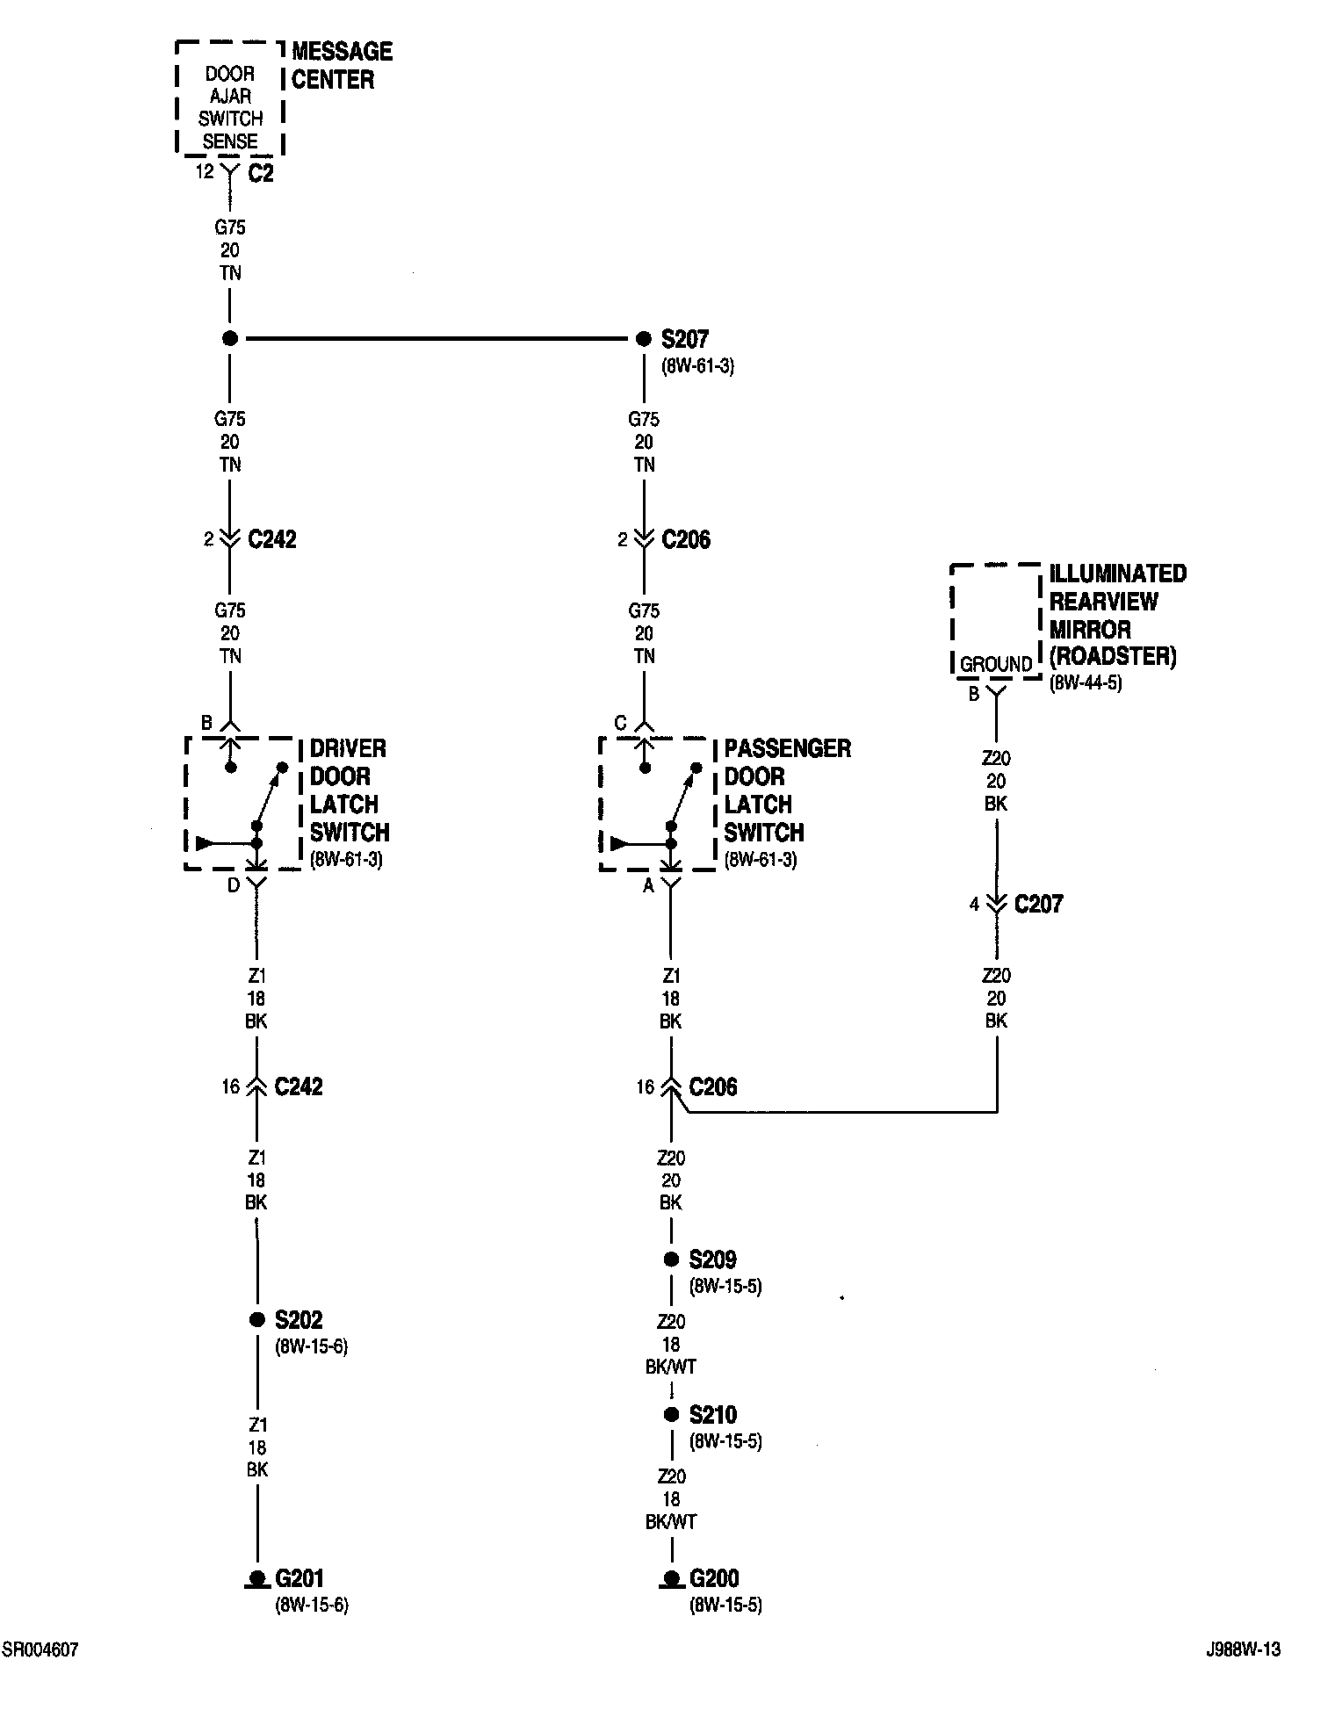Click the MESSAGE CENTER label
pyautogui.click(x=342, y=65)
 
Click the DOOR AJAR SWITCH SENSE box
pyautogui.click(x=230, y=98)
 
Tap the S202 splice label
pyautogui.click(x=299, y=1319)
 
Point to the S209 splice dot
pyautogui.click(x=671, y=1259)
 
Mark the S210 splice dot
pyautogui.click(x=671, y=1415)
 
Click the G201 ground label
pyautogui.click(x=299, y=1578)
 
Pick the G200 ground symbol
pyautogui.click(x=671, y=1580)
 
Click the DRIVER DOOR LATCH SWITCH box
pyautogui.click(x=242, y=804)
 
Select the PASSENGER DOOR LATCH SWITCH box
pyautogui.click(x=655, y=804)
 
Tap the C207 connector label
pyautogui.click(x=1038, y=905)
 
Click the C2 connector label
pyautogui.click(x=261, y=174)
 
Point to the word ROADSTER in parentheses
pyautogui.click(x=1113, y=657)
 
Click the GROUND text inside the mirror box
pyautogui.click(x=996, y=664)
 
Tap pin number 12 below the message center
pyautogui.click(x=205, y=172)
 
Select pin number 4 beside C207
pyautogui.click(x=974, y=904)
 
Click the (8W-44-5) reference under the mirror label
pyautogui.click(x=1086, y=682)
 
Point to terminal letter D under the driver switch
pyautogui.click(x=234, y=885)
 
